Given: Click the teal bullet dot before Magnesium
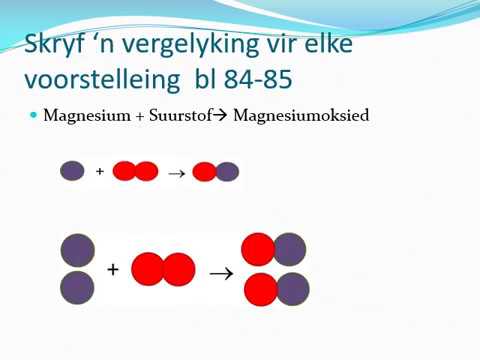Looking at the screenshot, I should tap(32, 116).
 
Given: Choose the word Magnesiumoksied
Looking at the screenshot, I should tap(301, 116).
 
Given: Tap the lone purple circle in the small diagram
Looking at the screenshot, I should tap(73, 171).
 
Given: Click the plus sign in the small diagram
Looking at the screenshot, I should tap(100, 171).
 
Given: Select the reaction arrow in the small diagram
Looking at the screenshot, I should tap(175, 172).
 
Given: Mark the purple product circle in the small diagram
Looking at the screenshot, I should tap(227, 172).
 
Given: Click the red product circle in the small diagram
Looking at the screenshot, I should tap(204, 172).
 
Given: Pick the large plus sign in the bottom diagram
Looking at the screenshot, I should tap(113, 269).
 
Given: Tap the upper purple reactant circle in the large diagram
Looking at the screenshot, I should tap(78, 250).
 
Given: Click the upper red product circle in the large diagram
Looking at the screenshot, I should tap(258, 249).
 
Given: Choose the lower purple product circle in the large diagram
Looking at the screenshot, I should tap(292, 289).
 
